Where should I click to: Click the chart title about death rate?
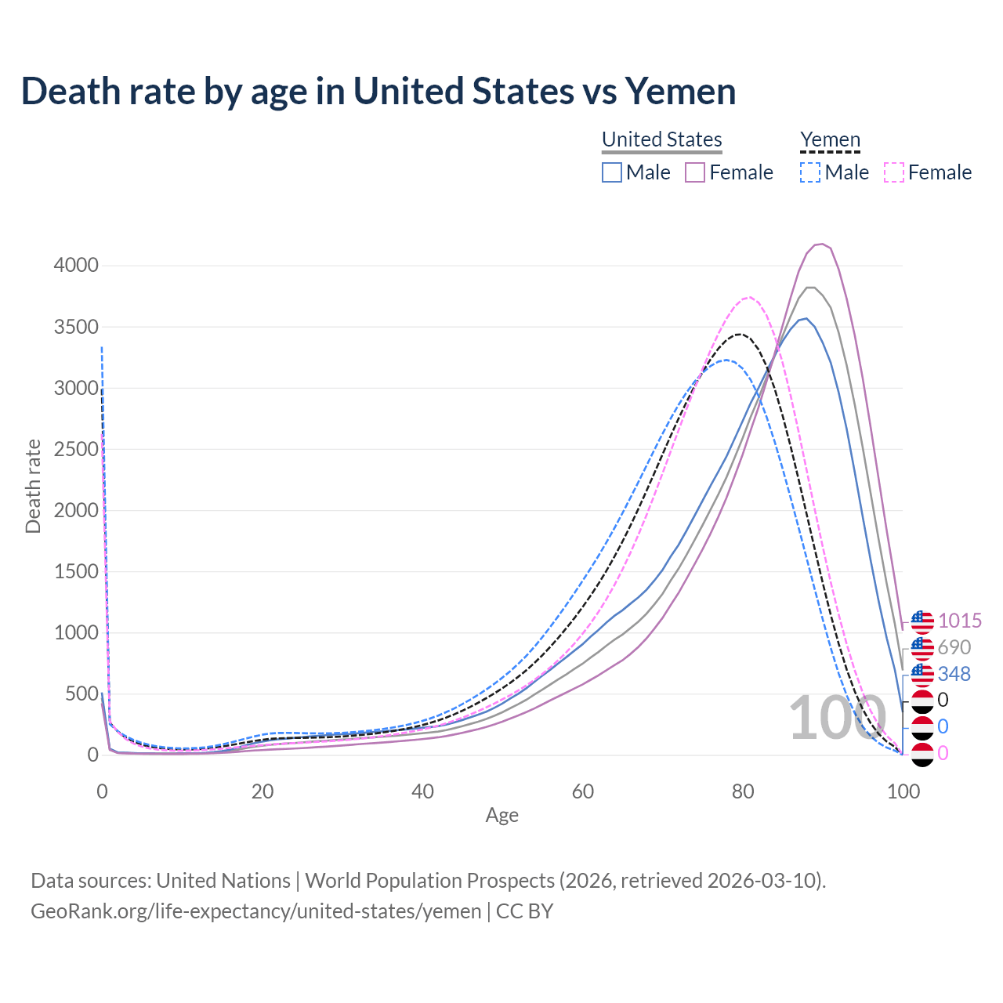pyautogui.click(x=378, y=91)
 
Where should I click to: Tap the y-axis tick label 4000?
pyautogui.click(x=76, y=266)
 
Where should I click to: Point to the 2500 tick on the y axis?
pyautogui.click(x=76, y=450)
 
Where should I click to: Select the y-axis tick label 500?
pyautogui.click(x=81, y=694)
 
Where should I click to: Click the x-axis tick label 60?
pyautogui.click(x=583, y=791)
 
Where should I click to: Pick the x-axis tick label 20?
pyautogui.click(x=263, y=791)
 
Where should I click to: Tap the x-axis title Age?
pyautogui.click(x=501, y=816)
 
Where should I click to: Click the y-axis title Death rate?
pyautogui.click(x=33, y=487)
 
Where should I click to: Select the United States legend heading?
pyautogui.click(x=661, y=139)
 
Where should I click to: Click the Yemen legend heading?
pyautogui.click(x=830, y=139)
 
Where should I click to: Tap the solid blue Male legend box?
pyautogui.click(x=612, y=172)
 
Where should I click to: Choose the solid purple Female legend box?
pyautogui.click(x=695, y=172)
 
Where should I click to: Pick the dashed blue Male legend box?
pyautogui.click(x=810, y=172)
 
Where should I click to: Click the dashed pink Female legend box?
pyautogui.click(x=893, y=172)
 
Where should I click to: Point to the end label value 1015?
pyautogui.click(x=960, y=621)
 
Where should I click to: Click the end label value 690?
pyautogui.click(x=954, y=648)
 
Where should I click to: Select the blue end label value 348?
pyautogui.click(x=954, y=674)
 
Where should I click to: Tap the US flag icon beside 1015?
pyautogui.click(x=922, y=622)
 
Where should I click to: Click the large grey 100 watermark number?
pyautogui.click(x=831, y=718)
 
